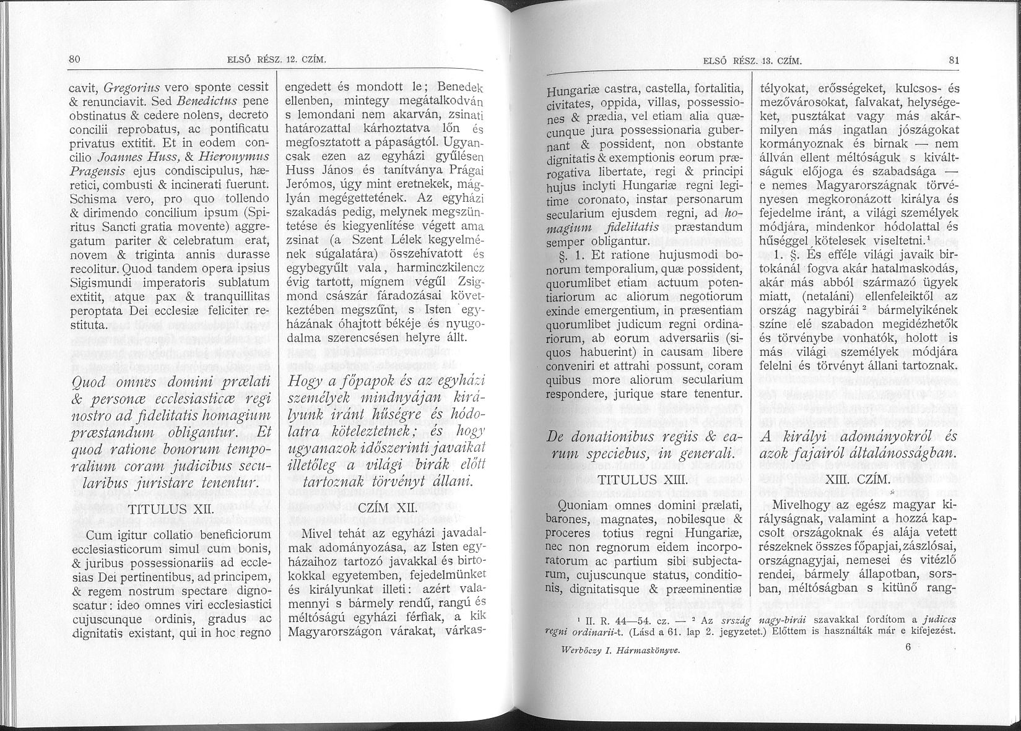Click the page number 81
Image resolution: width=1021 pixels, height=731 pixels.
[953, 61]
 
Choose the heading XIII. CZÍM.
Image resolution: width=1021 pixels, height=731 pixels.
[856, 479]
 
